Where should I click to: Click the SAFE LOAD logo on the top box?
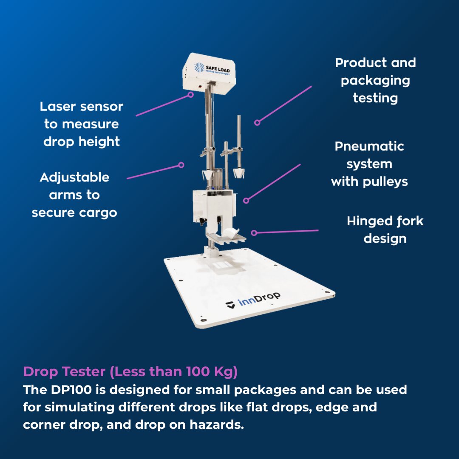pyautogui.click(x=212, y=68)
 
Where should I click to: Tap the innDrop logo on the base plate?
pyautogui.click(x=253, y=300)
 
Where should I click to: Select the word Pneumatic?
pyautogui.click(x=369, y=146)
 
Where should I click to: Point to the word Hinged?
pyautogui.click(x=367, y=221)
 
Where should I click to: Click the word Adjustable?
pyautogui.click(x=74, y=178)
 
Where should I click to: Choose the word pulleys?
pyautogui.click(x=385, y=182)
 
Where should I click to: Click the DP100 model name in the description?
pyautogui.click(x=71, y=390)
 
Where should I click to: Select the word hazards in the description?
pyautogui.click(x=217, y=425)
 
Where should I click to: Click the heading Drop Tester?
pyautogui.click(x=64, y=372)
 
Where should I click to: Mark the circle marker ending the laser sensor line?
pyautogui.click(x=190, y=95)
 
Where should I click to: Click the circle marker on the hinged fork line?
pyautogui.click(x=254, y=233)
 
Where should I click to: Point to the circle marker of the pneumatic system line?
pyautogui.click(x=246, y=201)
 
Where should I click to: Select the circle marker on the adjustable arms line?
pyautogui.click(x=181, y=165)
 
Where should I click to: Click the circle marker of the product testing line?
pyautogui.click(x=257, y=123)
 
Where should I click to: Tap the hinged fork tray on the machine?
pyautogui.click(x=226, y=237)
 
